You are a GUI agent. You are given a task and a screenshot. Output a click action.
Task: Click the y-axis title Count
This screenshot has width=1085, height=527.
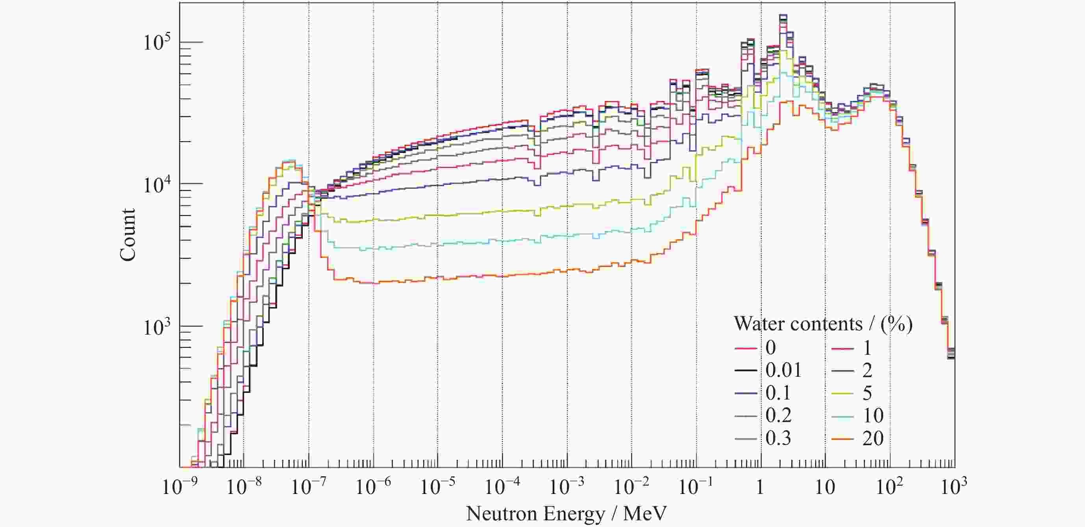[128, 234]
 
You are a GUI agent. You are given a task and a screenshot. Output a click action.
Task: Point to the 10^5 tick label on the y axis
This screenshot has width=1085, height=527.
[157, 42]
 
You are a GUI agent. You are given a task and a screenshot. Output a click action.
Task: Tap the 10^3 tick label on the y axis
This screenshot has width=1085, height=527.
[157, 327]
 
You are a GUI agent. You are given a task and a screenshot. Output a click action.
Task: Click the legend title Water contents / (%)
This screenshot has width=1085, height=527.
[823, 324]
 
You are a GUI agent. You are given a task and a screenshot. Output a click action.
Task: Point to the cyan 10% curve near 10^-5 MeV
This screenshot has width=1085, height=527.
[438, 245]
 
